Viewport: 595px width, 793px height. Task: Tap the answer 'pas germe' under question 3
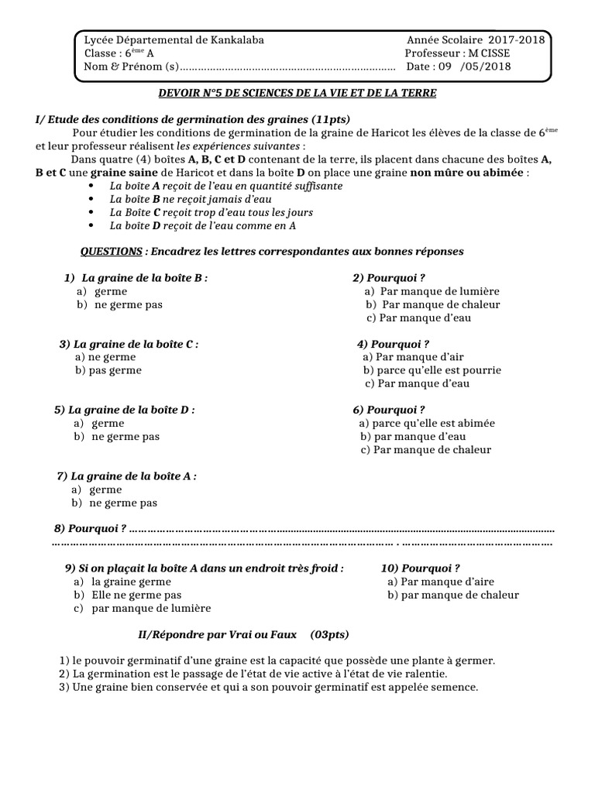click(108, 370)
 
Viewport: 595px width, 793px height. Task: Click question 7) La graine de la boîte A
click(127, 476)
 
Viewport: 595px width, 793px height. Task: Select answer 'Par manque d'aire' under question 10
click(440, 582)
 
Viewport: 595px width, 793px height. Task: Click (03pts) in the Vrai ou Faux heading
click(329, 634)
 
